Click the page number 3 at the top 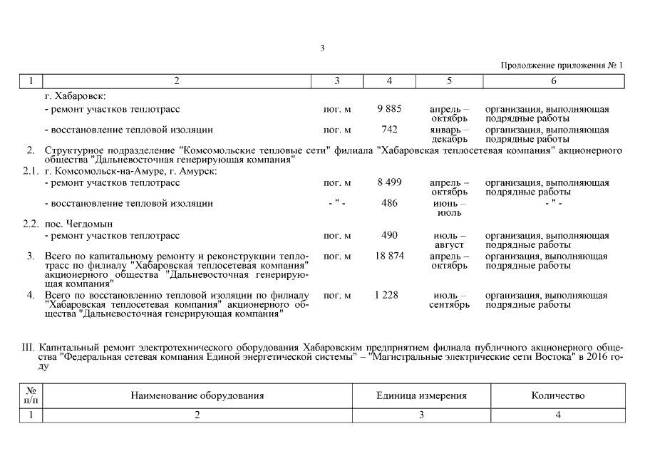pyautogui.click(x=322, y=48)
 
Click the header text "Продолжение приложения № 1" pyautogui.click(x=562, y=66)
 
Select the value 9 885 pyautogui.click(x=389, y=109)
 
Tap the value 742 pyautogui.click(x=389, y=130)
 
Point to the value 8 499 pyautogui.click(x=389, y=182)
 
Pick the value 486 pyautogui.click(x=389, y=203)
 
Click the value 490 pyautogui.click(x=389, y=235)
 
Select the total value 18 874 pyautogui.click(x=389, y=256)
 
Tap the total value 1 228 pyautogui.click(x=389, y=295)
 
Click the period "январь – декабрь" pyautogui.click(x=449, y=135)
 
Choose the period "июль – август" pyautogui.click(x=449, y=240)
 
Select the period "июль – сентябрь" pyautogui.click(x=449, y=300)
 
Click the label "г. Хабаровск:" pyautogui.click(x=75, y=95)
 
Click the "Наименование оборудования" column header pyautogui.click(x=197, y=395)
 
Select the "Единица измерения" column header pyautogui.click(x=421, y=395)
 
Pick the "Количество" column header pyautogui.click(x=558, y=395)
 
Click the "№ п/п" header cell pyautogui.click(x=31, y=395)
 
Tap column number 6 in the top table pyautogui.click(x=553, y=81)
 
